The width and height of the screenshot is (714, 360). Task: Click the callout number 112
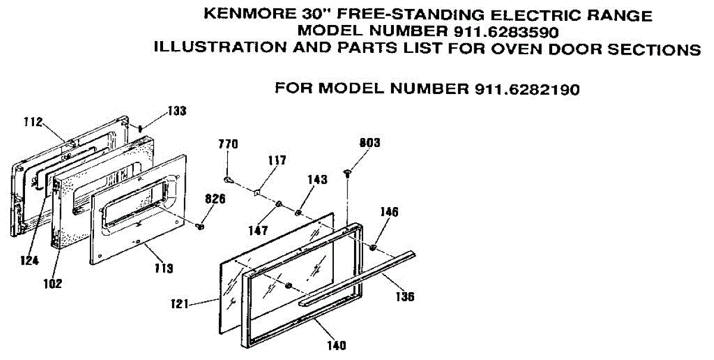point(33,122)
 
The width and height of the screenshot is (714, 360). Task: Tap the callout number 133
point(177,111)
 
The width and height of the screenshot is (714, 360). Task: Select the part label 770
point(228,144)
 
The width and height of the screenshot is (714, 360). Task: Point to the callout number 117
point(277,160)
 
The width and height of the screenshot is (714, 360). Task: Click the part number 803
point(369,143)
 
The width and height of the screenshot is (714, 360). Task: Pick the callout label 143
point(318,180)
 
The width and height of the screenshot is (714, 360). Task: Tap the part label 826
point(215,199)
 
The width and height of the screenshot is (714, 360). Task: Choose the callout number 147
point(258,230)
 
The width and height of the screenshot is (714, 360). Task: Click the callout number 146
point(389,212)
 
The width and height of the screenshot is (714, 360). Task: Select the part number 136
point(405,297)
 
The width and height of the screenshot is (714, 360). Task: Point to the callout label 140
point(337,345)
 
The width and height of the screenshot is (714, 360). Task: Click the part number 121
point(180,303)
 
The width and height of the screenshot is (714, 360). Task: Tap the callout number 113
point(164,268)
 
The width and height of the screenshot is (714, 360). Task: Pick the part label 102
point(52,283)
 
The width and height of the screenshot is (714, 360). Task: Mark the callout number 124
point(30,261)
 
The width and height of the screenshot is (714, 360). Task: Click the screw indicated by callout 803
point(347,174)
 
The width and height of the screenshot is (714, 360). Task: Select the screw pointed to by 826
point(200,226)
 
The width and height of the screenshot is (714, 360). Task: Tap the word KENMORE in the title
point(249,15)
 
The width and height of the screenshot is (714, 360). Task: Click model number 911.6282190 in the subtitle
point(527,90)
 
